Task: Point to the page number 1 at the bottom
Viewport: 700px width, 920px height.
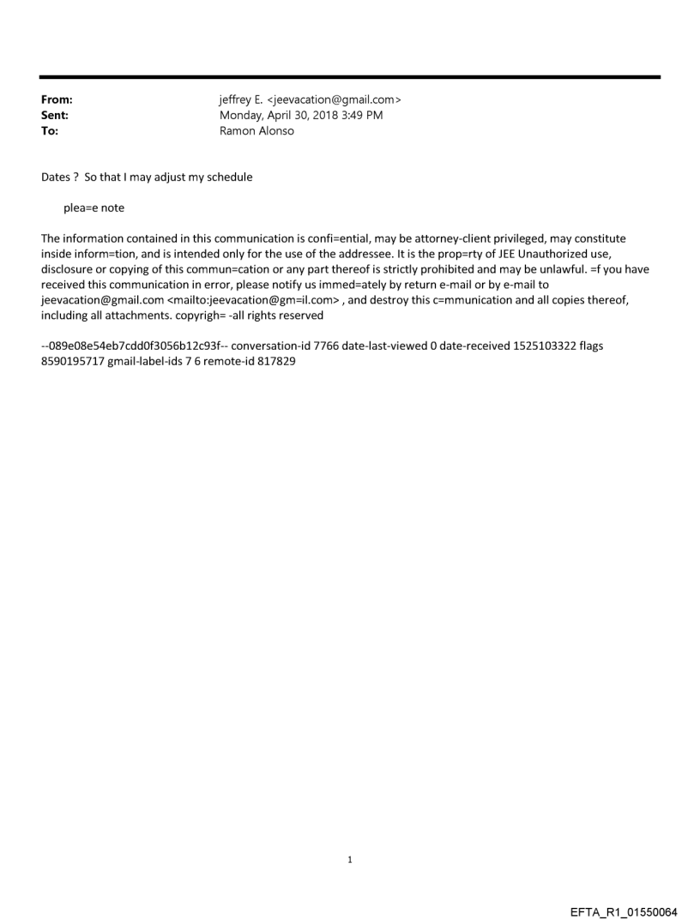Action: point(350,859)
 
